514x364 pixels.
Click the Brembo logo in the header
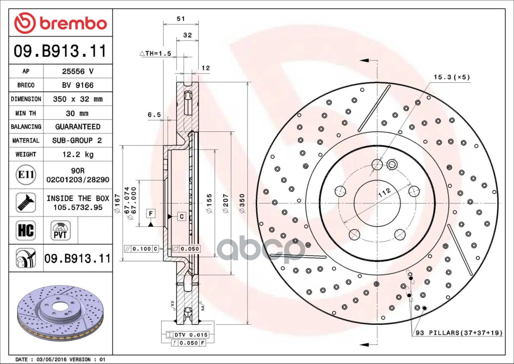pos(61,23)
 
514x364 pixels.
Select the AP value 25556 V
pos(78,72)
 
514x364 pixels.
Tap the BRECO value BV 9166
pos(78,85)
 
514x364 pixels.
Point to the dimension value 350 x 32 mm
pos(78,99)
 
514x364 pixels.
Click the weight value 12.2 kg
pos(78,154)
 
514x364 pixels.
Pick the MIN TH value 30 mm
pos(78,113)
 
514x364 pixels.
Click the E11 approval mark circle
pos(26,175)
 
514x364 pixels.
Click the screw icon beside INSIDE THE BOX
pos(26,202)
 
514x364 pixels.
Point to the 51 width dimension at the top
pos(181,18)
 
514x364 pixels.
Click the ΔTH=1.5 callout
pos(155,53)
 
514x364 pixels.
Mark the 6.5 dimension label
pos(154,115)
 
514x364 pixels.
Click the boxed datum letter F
pos(151,213)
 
